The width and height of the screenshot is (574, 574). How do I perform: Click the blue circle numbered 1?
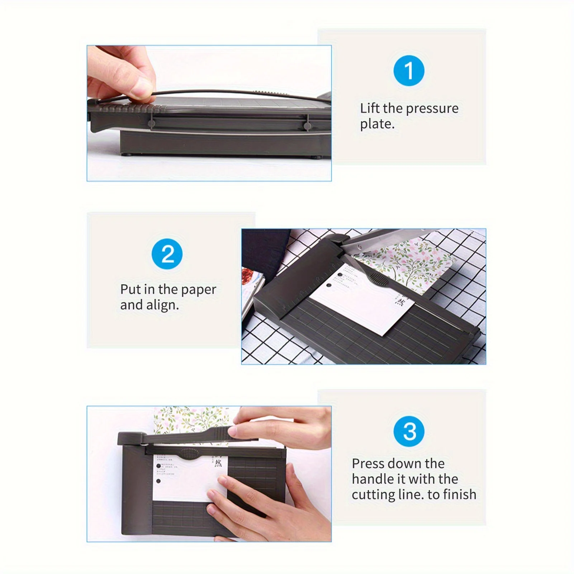409,71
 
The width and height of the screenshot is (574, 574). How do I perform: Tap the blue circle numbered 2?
167,254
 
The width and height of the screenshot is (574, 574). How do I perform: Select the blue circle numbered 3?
409,431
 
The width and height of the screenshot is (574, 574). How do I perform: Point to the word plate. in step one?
377,124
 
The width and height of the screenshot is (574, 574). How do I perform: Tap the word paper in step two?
199,290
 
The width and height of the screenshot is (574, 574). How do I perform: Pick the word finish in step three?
460,495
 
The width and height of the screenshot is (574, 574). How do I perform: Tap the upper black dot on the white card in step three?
158,466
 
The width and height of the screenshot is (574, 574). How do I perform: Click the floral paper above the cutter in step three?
190,419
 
